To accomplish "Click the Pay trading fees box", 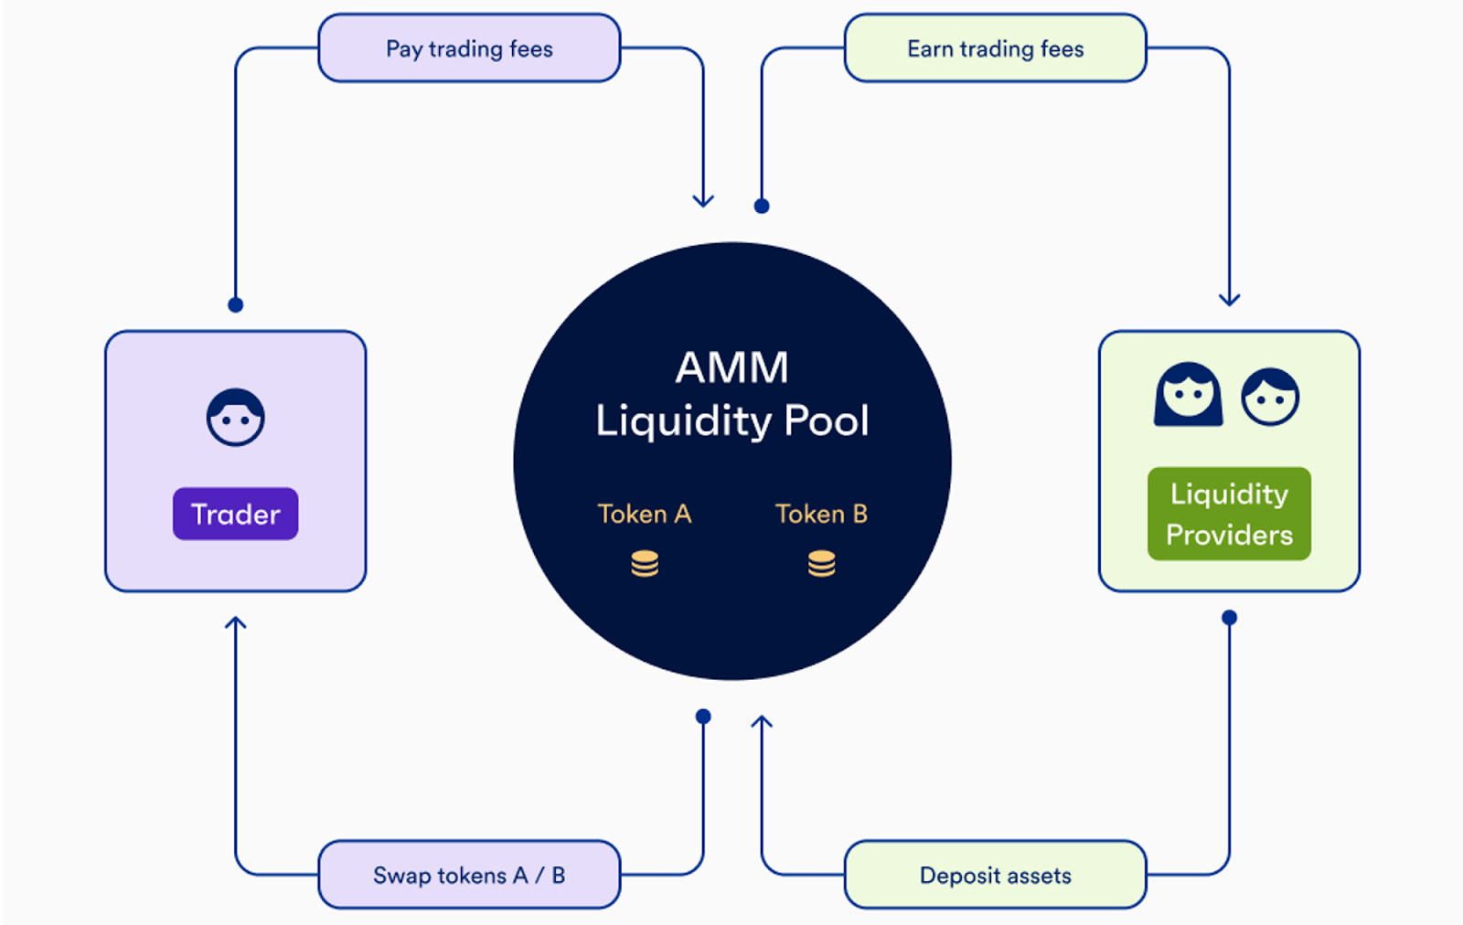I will [x=469, y=48].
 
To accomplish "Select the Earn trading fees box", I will [x=995, y=48].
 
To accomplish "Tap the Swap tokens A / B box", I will [x=469, y=875].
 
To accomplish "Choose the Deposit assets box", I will [x=995, y=875].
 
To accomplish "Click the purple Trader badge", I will [x=235, y=514].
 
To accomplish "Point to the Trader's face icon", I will [x=235, y=418].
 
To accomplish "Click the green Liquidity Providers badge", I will [x=1229, y=514].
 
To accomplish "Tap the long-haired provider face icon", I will [x=1188, y=395].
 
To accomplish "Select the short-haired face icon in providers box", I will [x=1270, y=397].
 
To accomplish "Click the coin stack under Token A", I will [x=645, y=564].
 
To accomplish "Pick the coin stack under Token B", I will [x=821, y=564].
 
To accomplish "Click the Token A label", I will [x=645, y=514].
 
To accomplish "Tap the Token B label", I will [x=821, y=514].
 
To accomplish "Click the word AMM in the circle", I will [x=731, y=367].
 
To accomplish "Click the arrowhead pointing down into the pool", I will [x=703, y=200].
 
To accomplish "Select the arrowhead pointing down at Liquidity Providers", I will [x=1229, y=299].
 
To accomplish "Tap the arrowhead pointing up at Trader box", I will [x=236, y=623].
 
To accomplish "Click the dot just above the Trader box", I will [x=236, y=304].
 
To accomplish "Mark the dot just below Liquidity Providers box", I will [x=1229, y=618].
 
